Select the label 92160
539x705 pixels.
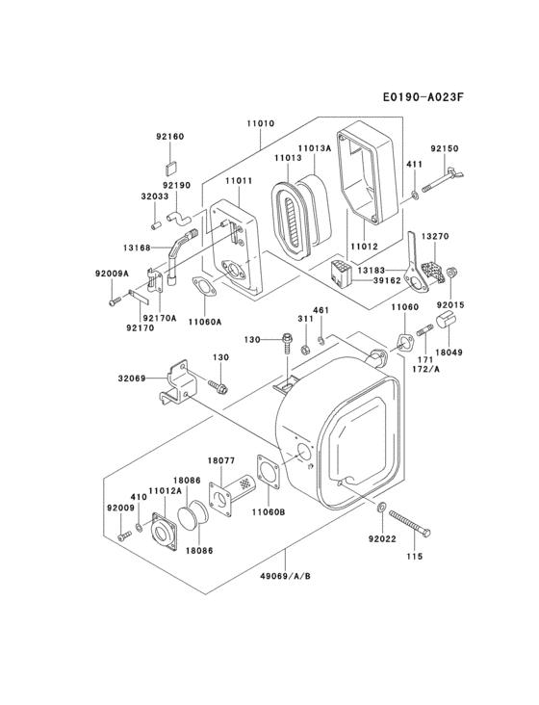(x=170, y=137)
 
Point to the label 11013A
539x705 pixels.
(x=314, y=148)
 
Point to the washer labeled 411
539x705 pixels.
(x=414, y=195)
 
